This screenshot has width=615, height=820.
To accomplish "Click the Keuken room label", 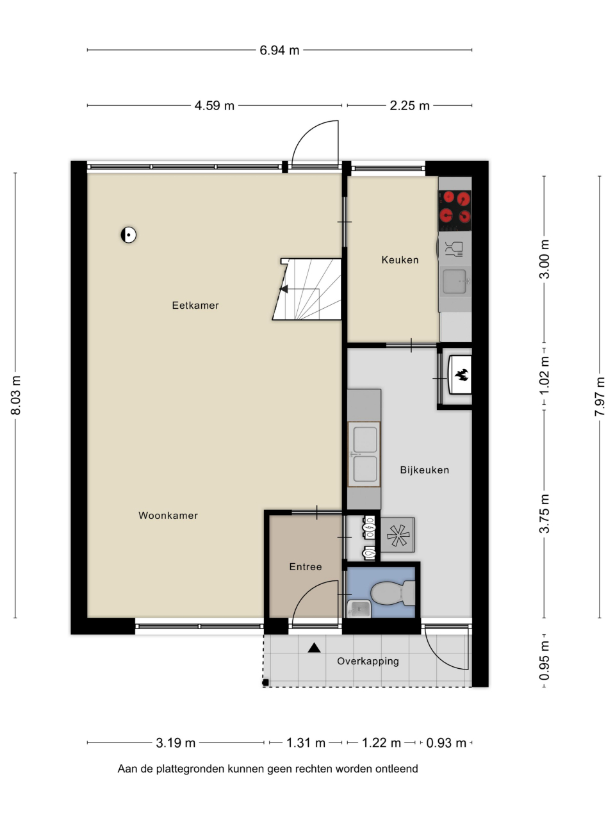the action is [400, 260].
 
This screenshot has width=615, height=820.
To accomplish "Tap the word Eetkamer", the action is [195, 306].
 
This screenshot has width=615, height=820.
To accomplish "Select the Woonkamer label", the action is [168, 516].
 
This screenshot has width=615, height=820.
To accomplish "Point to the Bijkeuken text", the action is [425, 470].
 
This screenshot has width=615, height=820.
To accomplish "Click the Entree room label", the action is [306, 567].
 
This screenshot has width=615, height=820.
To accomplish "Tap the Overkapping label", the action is [368, 662].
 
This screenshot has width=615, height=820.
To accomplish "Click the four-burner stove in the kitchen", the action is [455, 211].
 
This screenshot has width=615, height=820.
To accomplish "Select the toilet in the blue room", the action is [393, 593].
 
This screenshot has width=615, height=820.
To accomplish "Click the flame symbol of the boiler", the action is [462, 375].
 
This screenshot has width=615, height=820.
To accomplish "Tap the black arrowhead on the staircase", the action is [284, 289].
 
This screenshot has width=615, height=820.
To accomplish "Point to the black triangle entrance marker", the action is [314, 648].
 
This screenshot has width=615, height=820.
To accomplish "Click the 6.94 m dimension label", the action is [279, 50].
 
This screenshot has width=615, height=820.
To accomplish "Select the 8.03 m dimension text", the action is [15, 395].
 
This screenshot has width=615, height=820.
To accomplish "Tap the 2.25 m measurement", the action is [409, 106].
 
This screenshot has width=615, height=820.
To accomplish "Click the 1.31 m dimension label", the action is [306, 742].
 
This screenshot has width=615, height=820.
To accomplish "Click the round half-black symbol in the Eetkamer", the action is [129, 235].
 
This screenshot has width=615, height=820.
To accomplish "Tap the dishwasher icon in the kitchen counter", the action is [455, 249].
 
